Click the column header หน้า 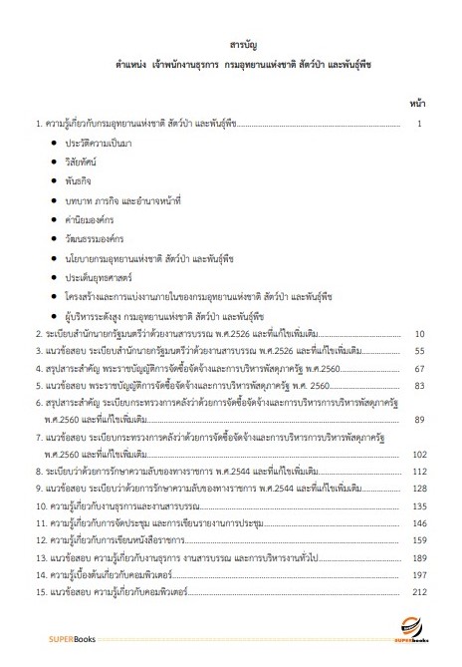click(x=418, y=103)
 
